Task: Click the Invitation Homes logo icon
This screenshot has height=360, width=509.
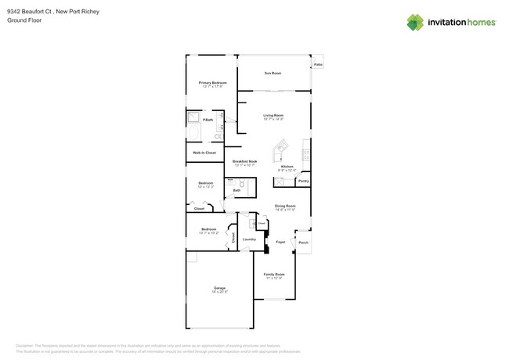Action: click(x=416, y=22)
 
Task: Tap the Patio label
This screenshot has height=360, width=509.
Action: click(x=318, y=65)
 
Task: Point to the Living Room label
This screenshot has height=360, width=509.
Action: click(x=273, y=115)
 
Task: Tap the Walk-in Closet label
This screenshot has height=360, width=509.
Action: click(x=204, y=153)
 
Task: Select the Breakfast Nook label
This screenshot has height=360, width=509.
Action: click(x=244, y=162)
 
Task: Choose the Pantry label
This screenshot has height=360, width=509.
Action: click(x=303, y=182)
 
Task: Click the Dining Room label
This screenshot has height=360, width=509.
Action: click(x=284, y=206)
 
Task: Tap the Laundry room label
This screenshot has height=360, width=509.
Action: click(x=249, y=239)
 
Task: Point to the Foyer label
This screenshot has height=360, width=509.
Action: click(x=280, y=243)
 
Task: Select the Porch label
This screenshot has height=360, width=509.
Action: click(x=303, y=243)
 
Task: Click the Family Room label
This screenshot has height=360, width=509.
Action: click(x=274, y=275)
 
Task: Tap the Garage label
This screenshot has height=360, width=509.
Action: click(x=219, y=288)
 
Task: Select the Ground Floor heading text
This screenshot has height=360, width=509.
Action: click(x=23, y=20)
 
